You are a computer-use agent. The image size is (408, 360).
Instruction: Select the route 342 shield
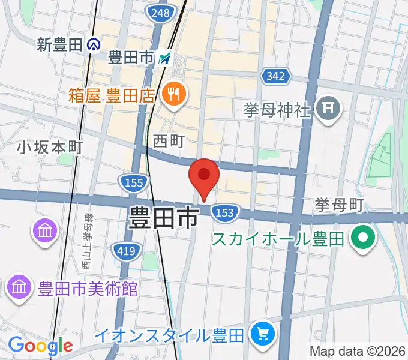276,76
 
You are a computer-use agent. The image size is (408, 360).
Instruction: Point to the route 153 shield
224,212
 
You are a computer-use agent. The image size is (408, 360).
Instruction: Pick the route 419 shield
126,251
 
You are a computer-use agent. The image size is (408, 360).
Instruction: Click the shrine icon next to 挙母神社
328,109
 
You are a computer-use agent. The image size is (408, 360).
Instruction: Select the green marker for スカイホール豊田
362,237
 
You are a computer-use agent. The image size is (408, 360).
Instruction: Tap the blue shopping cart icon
262,333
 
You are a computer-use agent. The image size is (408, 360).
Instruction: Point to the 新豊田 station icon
93,44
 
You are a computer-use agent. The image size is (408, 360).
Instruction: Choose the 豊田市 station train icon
166,58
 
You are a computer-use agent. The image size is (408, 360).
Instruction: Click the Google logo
40,346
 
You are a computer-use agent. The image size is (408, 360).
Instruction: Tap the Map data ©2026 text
358,351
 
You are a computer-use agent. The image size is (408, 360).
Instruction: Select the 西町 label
169,141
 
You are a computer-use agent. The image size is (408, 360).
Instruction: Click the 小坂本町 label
49,146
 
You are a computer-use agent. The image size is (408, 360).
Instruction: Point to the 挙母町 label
339,205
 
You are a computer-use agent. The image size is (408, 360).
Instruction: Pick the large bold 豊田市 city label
163,218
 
